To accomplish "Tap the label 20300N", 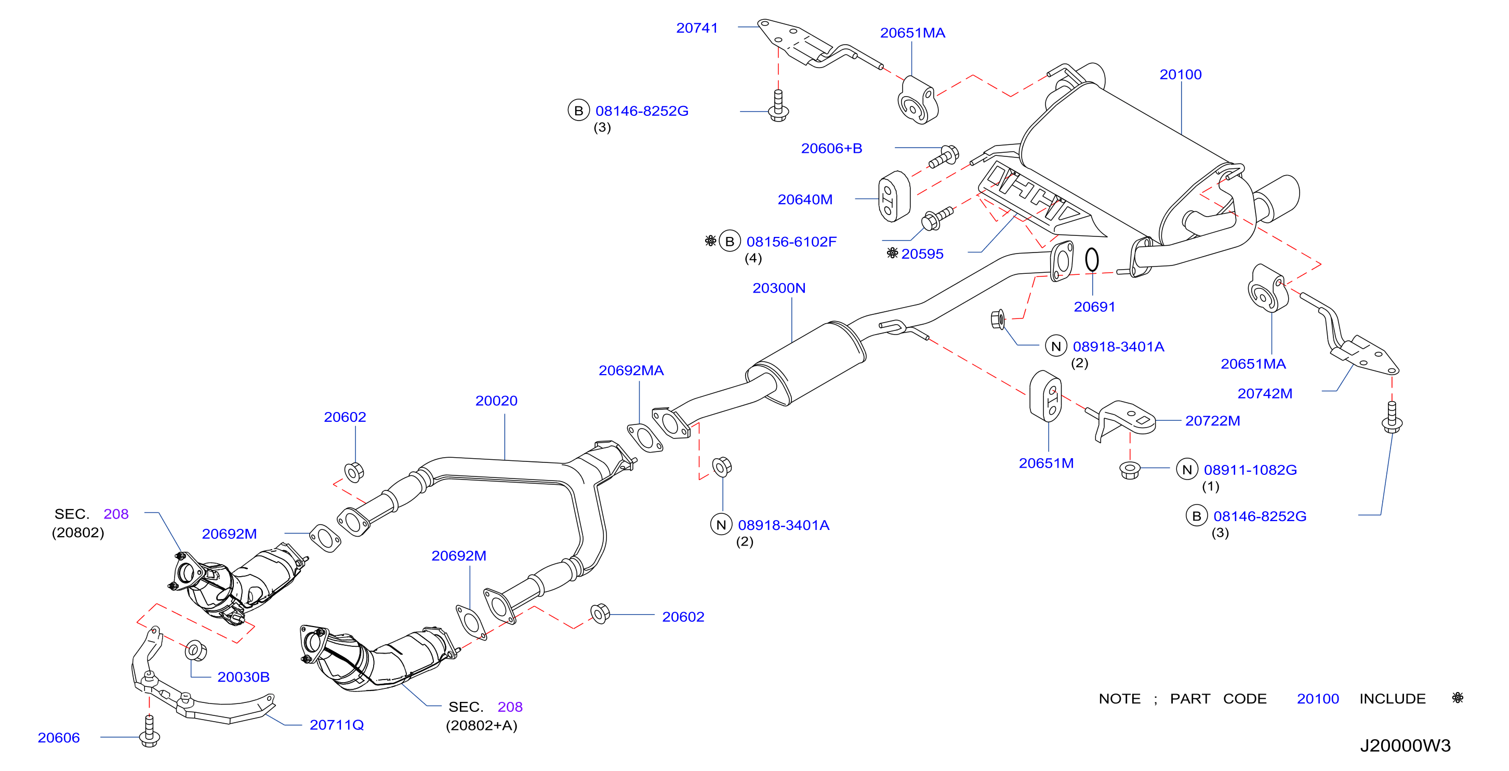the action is point(778,288).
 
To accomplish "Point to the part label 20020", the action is point(496,400).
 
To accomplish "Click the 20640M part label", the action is point(805,199).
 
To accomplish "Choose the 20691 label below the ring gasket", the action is point(1094,307).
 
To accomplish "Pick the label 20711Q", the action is point(336,725).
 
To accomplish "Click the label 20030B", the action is point(243,676).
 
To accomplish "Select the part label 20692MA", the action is point(631,370).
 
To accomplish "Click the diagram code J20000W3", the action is point(1405,745).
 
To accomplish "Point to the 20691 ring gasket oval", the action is point(1091,260).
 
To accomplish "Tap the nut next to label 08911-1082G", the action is point(1129,469).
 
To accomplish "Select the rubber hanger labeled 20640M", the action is point(894,196).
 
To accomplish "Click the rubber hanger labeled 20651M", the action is point(1045,395).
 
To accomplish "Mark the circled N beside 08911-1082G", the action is point(1187,469).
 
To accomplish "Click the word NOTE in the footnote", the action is point(1119,698).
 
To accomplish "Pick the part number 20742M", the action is point(1264,393).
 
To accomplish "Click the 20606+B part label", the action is point(831,148).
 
